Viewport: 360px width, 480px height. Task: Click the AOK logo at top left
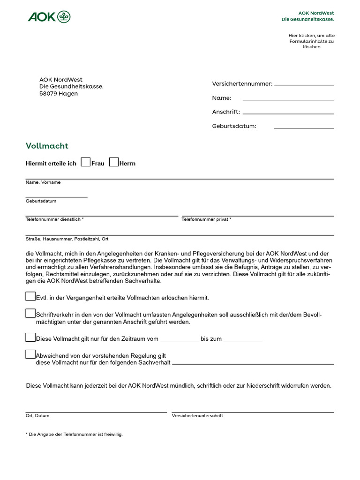pyautogui.click(x=49, y=17)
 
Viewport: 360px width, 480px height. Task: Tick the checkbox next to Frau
pyautogui.click(x=85, y=162)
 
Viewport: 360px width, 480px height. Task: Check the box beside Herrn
pyautogui.click(x=114, y=162)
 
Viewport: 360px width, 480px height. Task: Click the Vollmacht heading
pyautogui.click(x=47, y=146)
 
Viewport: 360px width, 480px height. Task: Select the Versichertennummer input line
pyautogui.click(x=304, y=83)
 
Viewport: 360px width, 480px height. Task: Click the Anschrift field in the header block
pyautogui.click(x=288, y=112)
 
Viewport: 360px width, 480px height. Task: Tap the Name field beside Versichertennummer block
pyautogui.click(x=288, y=97)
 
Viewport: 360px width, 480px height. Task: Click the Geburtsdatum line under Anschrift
pyautogui.click(x=304, y=126)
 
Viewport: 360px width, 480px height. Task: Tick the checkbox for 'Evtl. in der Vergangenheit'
pyautogui.click(x=30, y=296)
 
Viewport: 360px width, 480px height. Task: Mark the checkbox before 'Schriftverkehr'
pyautogui.click(x=30, y=313)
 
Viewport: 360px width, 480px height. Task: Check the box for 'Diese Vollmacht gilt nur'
pyautogui.click(x=30, y=337)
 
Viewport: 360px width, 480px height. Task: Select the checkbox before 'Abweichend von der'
pyautogui.click(x=30, y=354)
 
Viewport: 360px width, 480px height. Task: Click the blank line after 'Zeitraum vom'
pyautogui.click(x=180, y=338)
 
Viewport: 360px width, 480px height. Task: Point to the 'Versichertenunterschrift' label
pyautogui.click(x=197, y=416)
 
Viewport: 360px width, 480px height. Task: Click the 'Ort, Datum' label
pyautogui.click(x=37, y=416)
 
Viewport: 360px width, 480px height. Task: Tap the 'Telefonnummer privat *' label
pyautogui.click(x=206, y=219)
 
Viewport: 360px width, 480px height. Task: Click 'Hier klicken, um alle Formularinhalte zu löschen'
pyautogui.click(x=311, y=41)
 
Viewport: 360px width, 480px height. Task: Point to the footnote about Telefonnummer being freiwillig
pyautogui.click(x=74, y=435)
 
